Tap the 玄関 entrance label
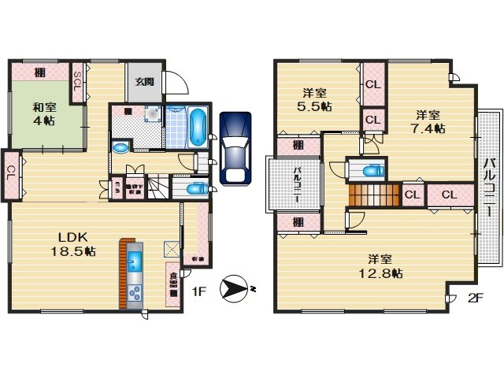(x=143, y=81)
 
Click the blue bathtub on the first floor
(x=197, y=127)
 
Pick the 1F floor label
(x=200, y=291)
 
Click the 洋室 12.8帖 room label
(x=384, y=265)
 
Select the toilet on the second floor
(x=367, y=170)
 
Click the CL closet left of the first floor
(x=11, y=169)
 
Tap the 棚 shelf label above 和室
(x=39, y=72)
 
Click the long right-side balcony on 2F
(x=488, y=189)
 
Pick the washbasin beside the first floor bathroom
(x=121, y=147)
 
